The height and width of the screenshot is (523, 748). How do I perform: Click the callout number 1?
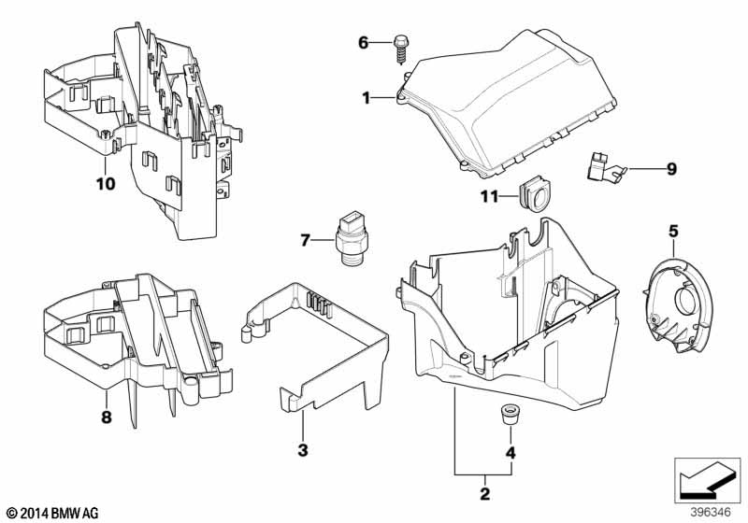366,98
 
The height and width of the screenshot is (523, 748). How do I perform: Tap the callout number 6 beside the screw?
364,43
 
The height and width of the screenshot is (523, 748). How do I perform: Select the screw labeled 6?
400,49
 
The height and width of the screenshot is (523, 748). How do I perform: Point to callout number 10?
106,183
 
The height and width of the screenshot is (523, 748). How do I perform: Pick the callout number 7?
306,241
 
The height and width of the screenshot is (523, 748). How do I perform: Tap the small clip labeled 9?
605,168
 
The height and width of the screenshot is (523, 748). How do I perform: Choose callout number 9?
671,169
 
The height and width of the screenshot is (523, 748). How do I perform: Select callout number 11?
489,196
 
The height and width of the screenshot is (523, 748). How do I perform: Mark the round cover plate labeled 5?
678,305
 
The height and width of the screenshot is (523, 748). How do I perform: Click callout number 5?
673,232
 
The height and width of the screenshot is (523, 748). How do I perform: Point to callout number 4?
511,453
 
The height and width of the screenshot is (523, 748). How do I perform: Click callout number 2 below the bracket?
484,493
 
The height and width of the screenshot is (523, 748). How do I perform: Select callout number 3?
303,449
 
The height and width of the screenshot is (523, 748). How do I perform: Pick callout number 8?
106,417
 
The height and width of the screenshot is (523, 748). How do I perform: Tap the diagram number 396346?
711,513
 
